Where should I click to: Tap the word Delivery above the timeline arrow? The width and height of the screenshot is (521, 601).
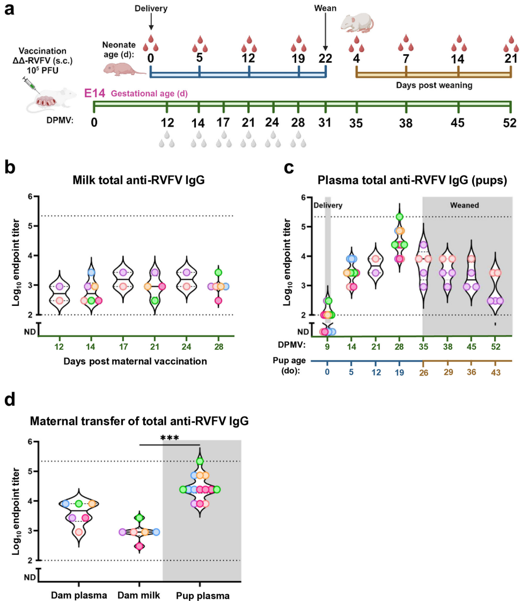151,9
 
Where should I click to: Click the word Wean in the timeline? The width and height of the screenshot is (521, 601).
325,9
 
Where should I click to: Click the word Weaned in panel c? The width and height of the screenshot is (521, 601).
466,206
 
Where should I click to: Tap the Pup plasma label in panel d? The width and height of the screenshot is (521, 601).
200,595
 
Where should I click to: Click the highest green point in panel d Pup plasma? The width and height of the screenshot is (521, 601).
200,461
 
